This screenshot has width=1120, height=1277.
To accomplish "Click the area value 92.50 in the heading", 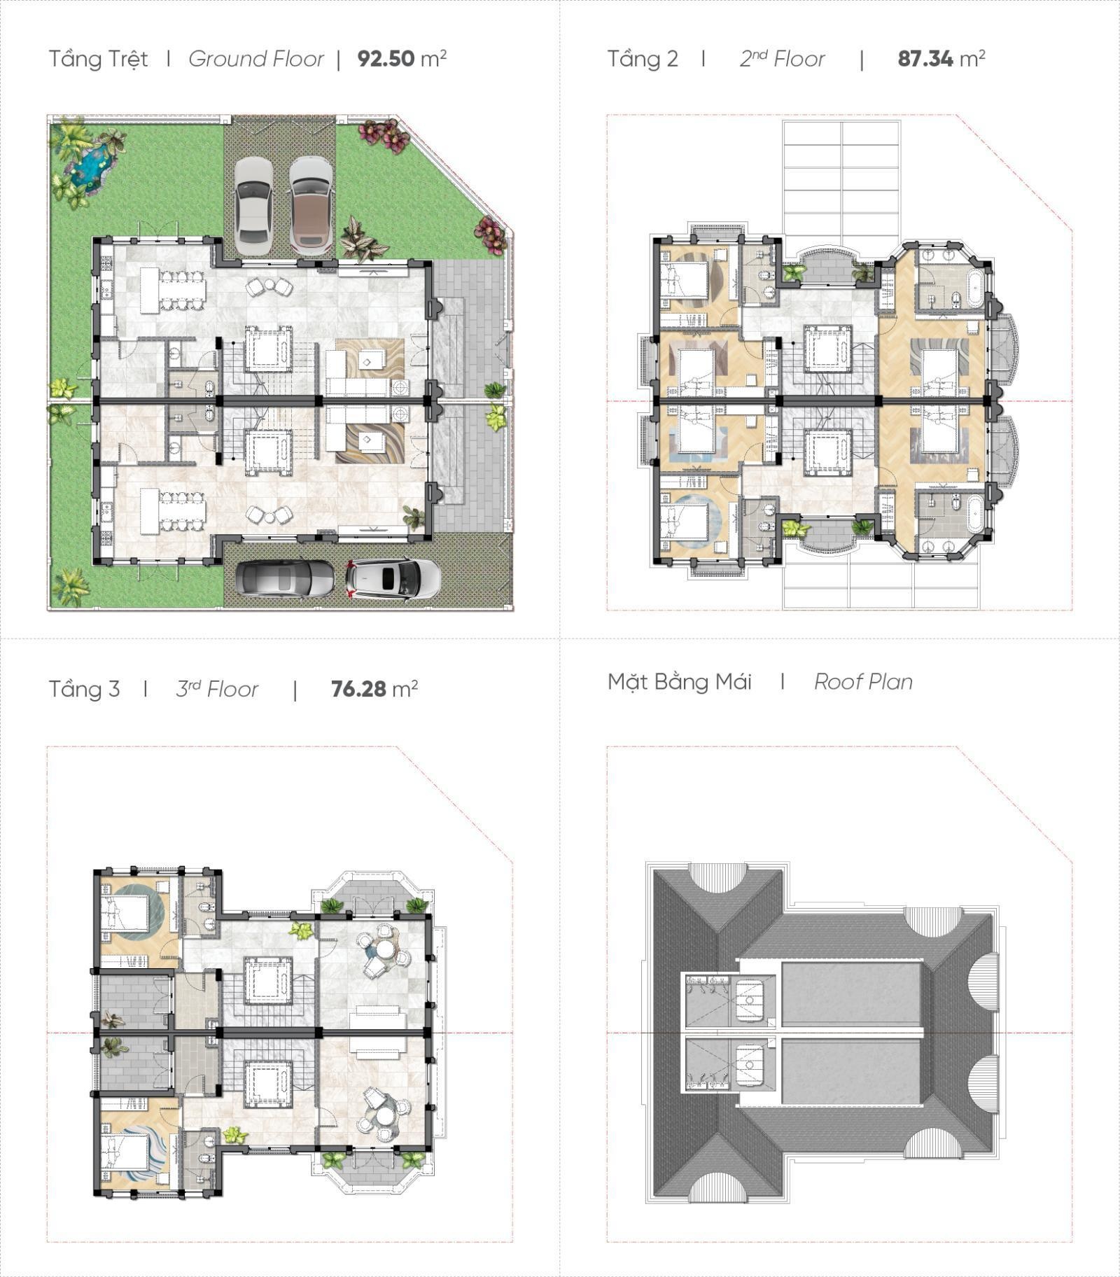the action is [x=386, y=59].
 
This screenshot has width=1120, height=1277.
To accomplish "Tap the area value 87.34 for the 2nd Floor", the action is [x=925, y=59].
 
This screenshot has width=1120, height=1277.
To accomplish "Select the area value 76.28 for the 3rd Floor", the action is [x=358, y=689].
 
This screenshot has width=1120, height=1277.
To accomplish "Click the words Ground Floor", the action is [x=256, y=59].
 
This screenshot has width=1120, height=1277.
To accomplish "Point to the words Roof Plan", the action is [x=863, y=682].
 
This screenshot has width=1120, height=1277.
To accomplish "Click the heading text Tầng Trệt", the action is [x=98, y=59].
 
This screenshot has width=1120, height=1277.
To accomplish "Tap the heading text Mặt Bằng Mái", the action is [x=679, y=681].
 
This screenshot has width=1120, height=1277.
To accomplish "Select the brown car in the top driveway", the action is [x=311, y=205].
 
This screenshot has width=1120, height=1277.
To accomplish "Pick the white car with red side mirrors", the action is [x=393, y=579].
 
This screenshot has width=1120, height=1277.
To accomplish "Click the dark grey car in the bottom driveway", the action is [x=284, y=579].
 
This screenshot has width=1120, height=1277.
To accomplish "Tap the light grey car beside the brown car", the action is [x=253, y=205].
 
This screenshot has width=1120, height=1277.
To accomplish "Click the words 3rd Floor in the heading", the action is [x=217, y=689].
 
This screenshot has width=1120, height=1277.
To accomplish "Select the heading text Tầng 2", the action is [x=643, y=59].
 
